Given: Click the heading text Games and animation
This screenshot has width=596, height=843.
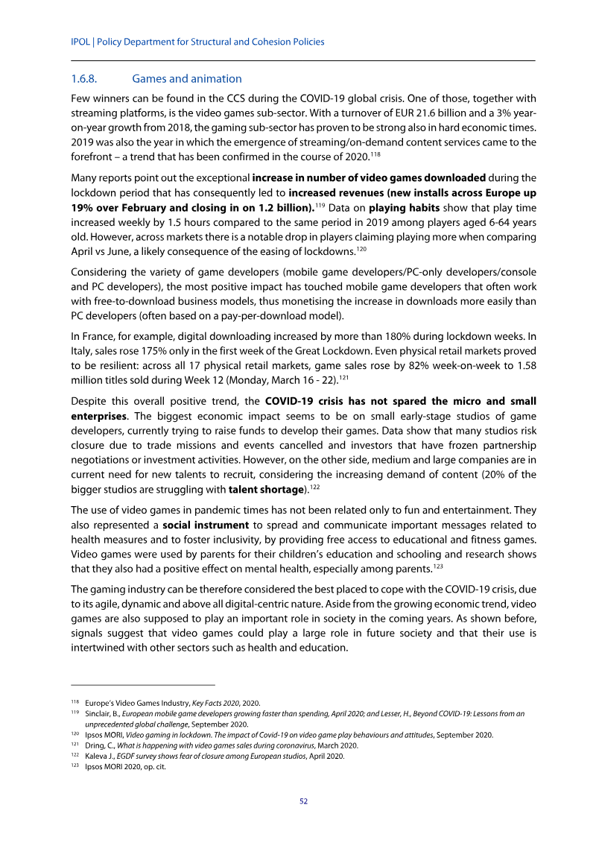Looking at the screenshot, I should tap(186, 79).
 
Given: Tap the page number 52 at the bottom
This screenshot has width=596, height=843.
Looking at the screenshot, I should tap(303, 802).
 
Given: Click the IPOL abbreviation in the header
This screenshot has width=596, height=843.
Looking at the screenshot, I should tap(80, 42).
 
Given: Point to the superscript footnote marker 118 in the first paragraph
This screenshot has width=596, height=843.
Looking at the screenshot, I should tap(375, 153).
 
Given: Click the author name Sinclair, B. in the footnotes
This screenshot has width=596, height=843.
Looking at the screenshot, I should tap(104, 713).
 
